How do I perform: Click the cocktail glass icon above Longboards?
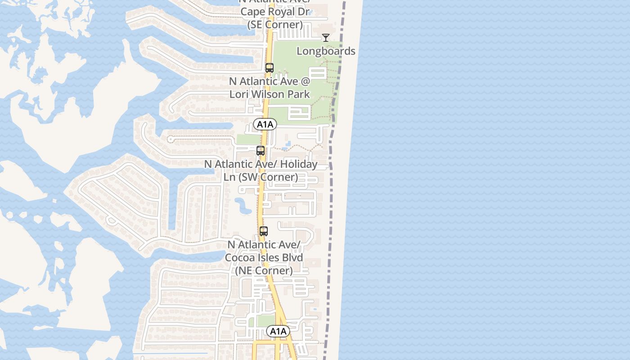point(326,38)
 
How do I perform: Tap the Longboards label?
point(326,51)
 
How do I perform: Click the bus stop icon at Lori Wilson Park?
point(270,68)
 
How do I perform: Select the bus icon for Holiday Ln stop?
point(261,151)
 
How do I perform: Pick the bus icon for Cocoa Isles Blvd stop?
point(264,231)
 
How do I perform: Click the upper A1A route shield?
point(265,124)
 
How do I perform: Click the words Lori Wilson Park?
point(270,94)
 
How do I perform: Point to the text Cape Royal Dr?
point(275,12)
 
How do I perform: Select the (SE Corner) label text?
point(275,24)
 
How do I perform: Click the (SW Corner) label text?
point(261,177)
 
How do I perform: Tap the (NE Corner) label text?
point(264,270)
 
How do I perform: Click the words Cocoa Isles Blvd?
point(264,257)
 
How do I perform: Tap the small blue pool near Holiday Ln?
point(288,145)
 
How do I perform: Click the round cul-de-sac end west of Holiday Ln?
point(170,139)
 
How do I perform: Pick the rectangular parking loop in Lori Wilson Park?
point(298,112)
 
